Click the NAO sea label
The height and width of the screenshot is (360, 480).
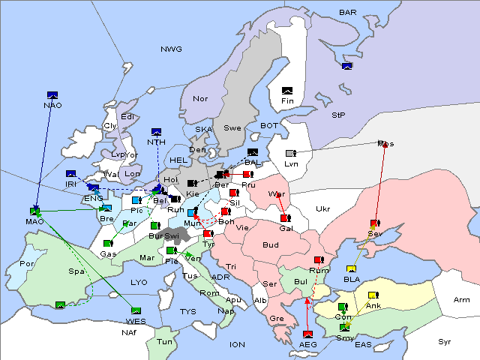click(52, 105)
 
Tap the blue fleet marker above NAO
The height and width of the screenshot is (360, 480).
click(52, 94)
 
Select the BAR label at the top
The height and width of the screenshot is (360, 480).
click(347, 12)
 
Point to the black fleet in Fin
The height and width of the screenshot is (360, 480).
click(286, 91)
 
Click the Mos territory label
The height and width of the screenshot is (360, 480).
click(385, 143)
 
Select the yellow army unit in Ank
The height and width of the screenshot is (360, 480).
click(373, 295)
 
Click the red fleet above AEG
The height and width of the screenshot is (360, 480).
click(307, 334)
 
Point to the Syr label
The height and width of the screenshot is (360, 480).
click(445, 341)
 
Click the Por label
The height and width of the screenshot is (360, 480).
click(28, 264)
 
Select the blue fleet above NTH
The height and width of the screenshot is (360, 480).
click(156, 132)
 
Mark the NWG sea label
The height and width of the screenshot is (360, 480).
click(171, 49)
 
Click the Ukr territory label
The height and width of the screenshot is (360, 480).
click(322, 208)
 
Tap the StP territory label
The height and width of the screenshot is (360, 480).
click(338, 115)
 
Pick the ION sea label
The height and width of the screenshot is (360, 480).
click(237, 344)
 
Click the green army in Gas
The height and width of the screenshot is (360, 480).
click(109, 243)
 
